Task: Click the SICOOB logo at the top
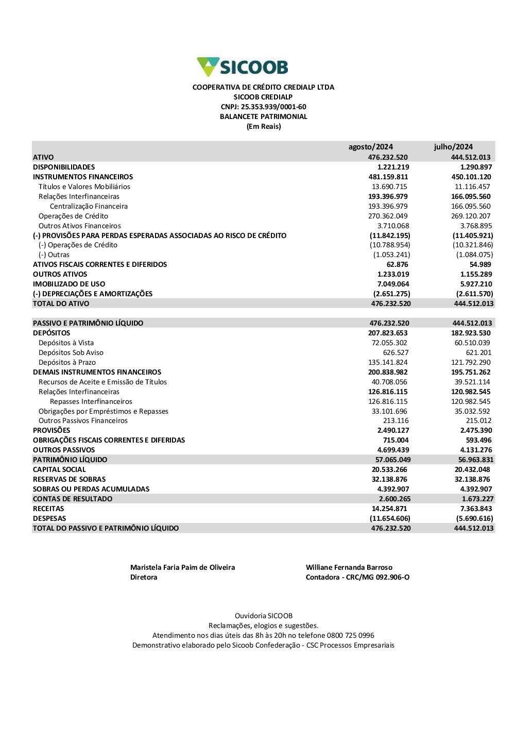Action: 243,67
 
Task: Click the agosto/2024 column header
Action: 370,147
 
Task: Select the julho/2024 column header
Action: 453,147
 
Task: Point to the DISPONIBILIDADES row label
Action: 64,167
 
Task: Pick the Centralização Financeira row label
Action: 89,206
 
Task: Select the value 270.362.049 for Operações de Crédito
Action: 388,216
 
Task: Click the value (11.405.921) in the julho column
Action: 473,235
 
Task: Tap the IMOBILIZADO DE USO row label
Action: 69,284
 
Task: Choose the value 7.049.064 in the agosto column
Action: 393,284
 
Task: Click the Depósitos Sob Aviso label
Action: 71,352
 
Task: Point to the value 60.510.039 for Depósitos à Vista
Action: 472,343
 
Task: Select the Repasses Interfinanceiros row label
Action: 91,401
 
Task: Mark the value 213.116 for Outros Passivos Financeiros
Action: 396,420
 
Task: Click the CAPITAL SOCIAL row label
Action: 59,469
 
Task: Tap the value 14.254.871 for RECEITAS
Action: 389,508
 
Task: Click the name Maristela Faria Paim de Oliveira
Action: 182,567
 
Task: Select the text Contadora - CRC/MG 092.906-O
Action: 357,577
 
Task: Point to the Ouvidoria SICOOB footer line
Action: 264,616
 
